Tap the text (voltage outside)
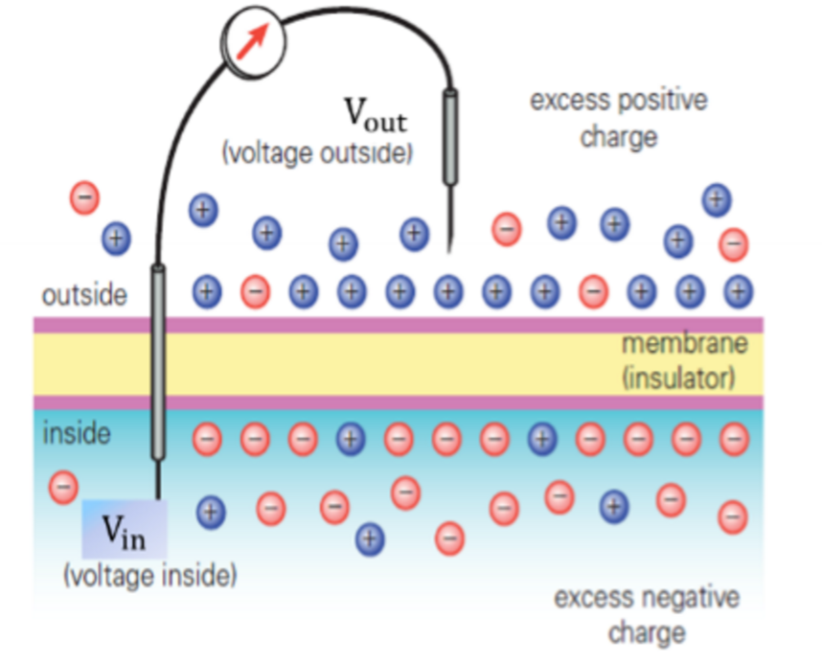click(317, 153)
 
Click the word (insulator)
click(679, 377)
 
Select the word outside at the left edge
click(84, 294)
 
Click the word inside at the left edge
click(77, 434)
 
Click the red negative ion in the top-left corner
click(84, 198)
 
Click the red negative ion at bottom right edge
click(732, 515)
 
